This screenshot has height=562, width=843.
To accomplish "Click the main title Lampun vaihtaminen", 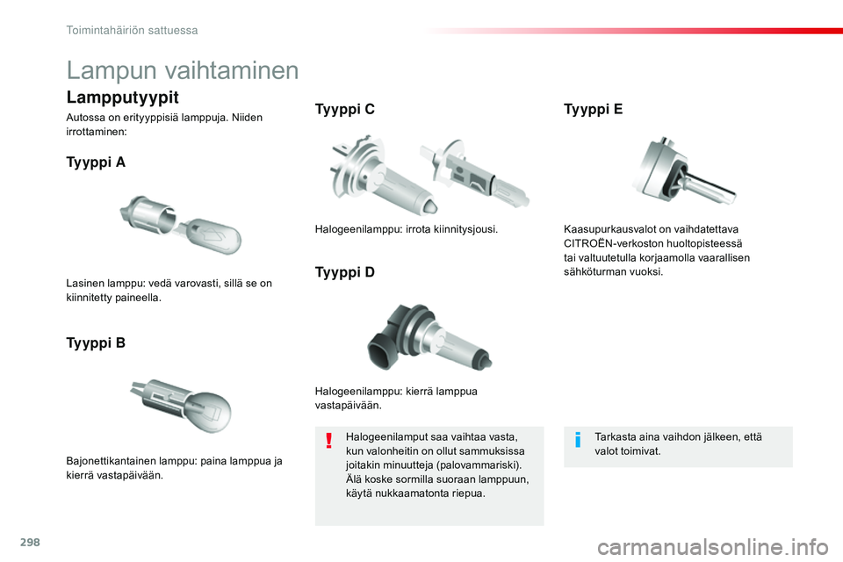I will point(183,70).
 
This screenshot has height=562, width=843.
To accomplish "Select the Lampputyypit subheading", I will point(122,97).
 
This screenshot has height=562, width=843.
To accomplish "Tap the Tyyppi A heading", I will point(96,162).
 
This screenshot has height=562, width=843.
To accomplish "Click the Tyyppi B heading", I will point(96,342).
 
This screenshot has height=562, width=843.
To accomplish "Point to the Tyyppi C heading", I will point(344,110).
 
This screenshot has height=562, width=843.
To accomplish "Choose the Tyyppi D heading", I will point(344,272).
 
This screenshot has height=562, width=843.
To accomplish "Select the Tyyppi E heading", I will point(593,110).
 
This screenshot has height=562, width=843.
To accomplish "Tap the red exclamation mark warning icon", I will point(329,440).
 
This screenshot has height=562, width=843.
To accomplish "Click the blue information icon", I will point(578,439).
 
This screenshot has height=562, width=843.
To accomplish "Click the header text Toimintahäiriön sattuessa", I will point(132,30).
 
